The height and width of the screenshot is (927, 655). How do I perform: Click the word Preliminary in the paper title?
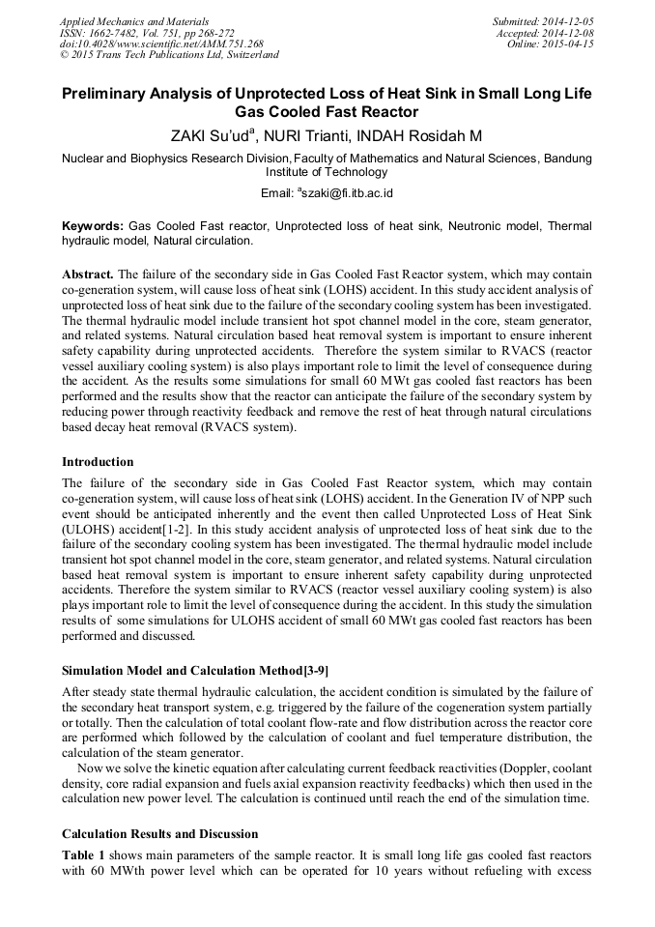coord(106,94)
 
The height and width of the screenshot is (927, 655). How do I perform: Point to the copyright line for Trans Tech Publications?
coord(169,55)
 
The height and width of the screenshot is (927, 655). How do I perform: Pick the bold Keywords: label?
coord(93,224)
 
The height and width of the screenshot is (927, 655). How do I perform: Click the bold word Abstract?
coord(87,274)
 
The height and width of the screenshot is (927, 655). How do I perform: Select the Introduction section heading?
coord(98,461)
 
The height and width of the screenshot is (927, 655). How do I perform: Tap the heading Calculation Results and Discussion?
coord(159,833)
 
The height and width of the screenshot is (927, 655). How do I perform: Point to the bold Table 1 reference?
coord(84,856)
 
